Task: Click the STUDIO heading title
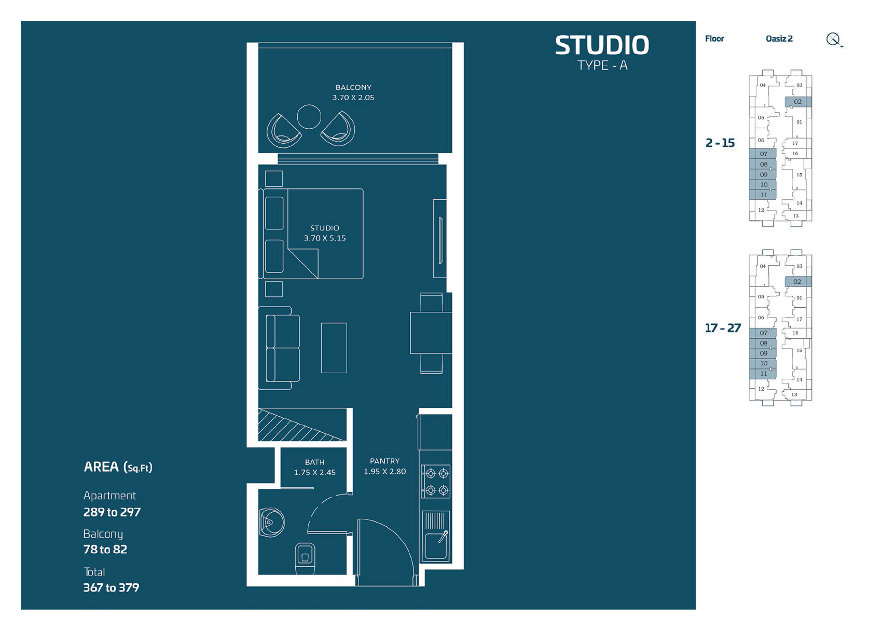click(x=602, y=46)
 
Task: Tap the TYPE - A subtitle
click(x=602, y=65)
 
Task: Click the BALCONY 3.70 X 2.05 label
click(x=353, y=92)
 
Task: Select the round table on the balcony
click(x=309, y=117)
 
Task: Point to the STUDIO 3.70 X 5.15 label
click(x=325, y=233)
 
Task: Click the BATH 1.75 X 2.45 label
click(x=314, y=467)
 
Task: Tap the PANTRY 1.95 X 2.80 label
click(x=384, y=466)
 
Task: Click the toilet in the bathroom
click(x=305, y=558)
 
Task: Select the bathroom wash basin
click(x=271, y=522)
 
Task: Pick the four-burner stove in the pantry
click(x=436, y=481)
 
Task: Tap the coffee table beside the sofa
click(x=334, y=348)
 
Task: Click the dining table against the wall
click(x=431, y=333)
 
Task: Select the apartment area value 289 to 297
click(x=112, y=512)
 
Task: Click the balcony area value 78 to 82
click(x=105, y=550)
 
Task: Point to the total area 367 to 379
click(x=111, y=587)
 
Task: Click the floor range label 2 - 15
click(x=720, y=143)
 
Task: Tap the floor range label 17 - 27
click(x=723, y=328)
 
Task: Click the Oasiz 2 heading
click(x=779, y=39)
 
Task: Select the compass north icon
click(x=833, y=39)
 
